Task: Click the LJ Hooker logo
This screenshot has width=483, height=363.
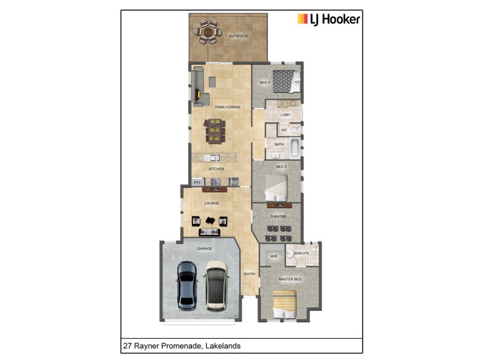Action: click(328, 19)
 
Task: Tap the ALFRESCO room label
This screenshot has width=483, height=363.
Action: click(238, 36)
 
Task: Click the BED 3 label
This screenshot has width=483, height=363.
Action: click(264, 82)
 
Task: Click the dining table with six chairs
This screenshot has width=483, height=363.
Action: click(214, 130)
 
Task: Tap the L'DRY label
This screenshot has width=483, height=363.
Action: click(286, 115)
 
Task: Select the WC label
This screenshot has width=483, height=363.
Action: click(284, 130)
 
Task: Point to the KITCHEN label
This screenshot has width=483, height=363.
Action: click(216, 169)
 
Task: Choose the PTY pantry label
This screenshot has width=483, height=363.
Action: click(197, 182)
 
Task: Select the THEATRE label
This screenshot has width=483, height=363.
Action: click(278, 216)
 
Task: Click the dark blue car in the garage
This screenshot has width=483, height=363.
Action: click(187, 284)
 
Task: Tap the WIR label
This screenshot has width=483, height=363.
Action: click(272, 257)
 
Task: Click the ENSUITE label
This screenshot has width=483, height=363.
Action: click(302, 253)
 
